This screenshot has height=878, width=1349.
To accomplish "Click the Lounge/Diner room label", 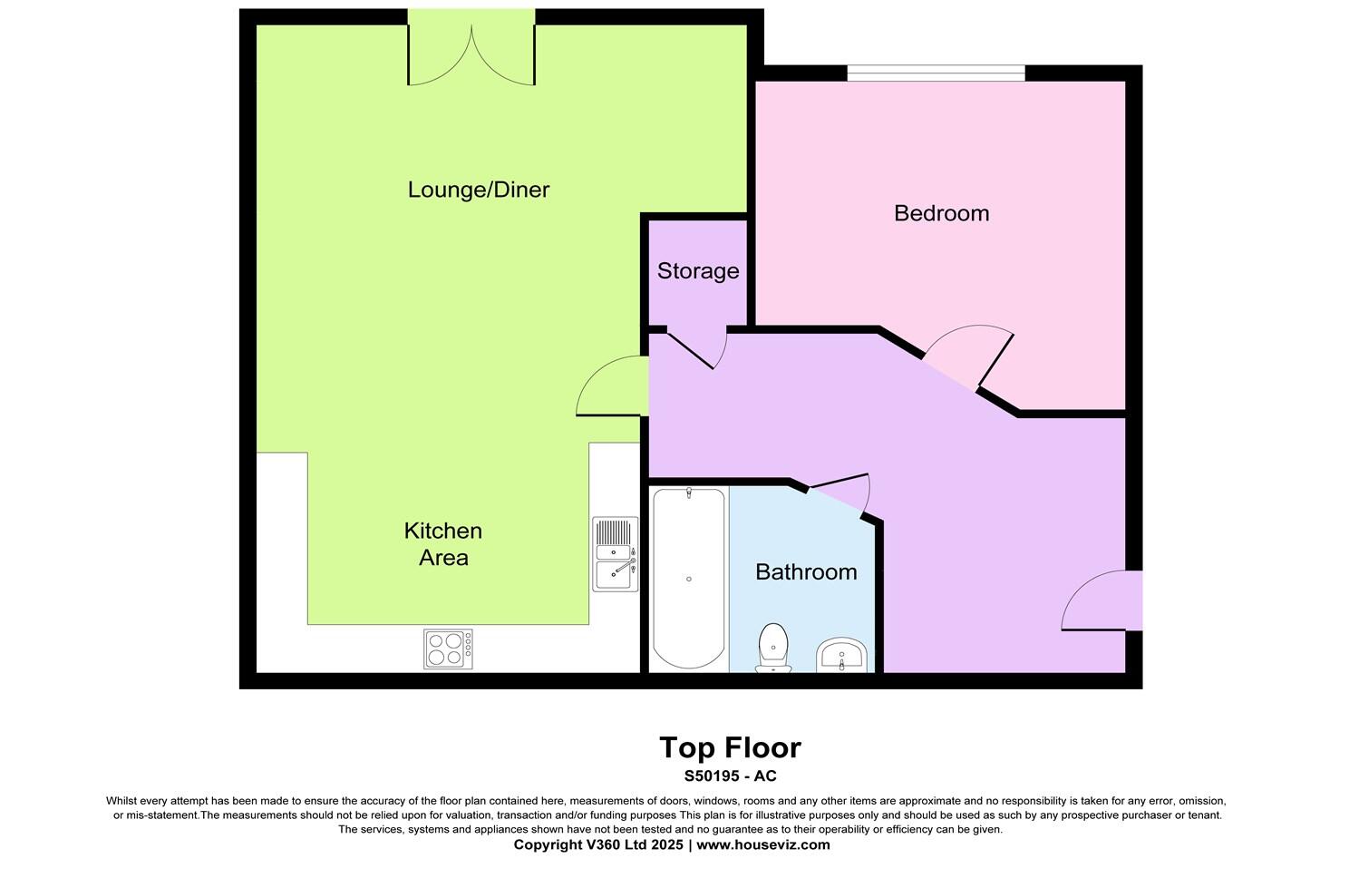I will coord(479,190).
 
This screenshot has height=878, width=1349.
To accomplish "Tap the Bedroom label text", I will coord(941,213).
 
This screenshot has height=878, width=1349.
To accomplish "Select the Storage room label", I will coord(697,271).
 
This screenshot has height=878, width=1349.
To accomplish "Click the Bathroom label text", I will coord(806,572).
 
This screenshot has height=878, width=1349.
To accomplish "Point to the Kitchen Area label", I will coord(442,543).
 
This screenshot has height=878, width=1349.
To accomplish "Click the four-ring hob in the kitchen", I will coord(448,649).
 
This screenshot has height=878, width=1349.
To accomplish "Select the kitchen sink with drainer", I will coord(616,554).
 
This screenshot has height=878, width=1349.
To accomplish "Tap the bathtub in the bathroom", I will coord(689,578).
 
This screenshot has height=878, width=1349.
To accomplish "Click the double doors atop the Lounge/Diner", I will coord(471,54).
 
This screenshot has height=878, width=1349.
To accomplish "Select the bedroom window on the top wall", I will coord(936,73).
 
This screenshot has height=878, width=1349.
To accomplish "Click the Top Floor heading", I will coord(730,747).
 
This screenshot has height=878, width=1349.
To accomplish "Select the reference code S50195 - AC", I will coord(730,776).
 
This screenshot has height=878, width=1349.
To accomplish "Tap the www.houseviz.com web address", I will coord(762,844).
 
